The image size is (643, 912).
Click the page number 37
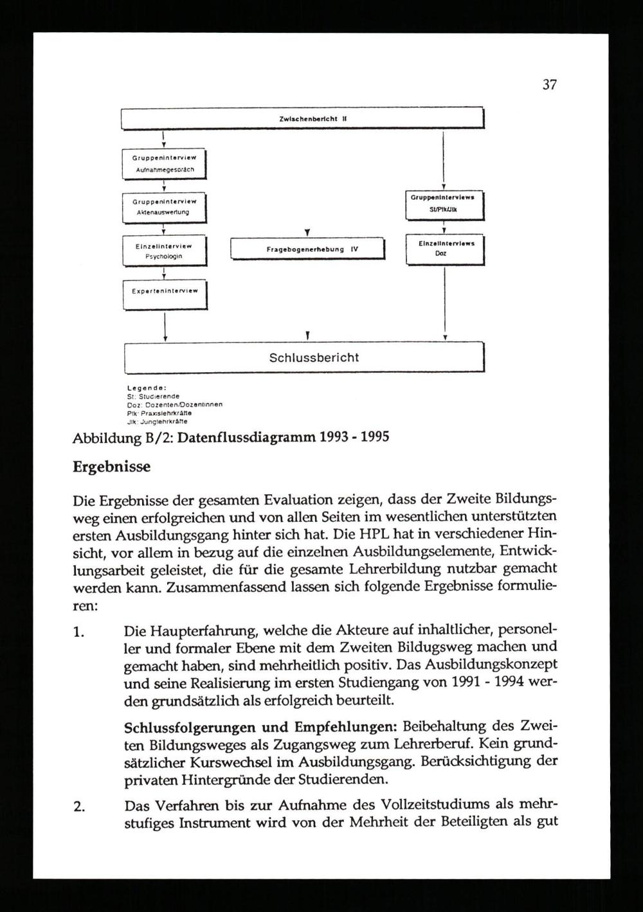point(549,84)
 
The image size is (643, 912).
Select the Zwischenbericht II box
point(302,118)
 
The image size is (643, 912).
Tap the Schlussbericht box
point(303,358)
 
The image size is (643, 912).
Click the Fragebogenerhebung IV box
point(307,249)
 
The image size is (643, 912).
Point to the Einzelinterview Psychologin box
point(164,251)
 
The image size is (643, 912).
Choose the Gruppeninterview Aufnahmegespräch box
point(164,164)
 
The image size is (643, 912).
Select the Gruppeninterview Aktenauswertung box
point(164,207)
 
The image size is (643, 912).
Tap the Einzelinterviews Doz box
point(444,249)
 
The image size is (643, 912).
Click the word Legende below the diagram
point(147,388)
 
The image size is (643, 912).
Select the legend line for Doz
point(174,405)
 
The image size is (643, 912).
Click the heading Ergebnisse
point(111,467)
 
